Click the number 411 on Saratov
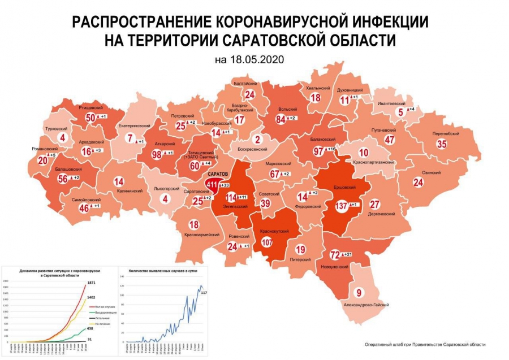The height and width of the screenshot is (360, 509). (x=212, y=185)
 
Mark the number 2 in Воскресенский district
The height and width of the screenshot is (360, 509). (x=257, y=140)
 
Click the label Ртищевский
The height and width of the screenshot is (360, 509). (x=90, y=107)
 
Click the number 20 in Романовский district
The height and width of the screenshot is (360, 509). (x=42, y=161)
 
